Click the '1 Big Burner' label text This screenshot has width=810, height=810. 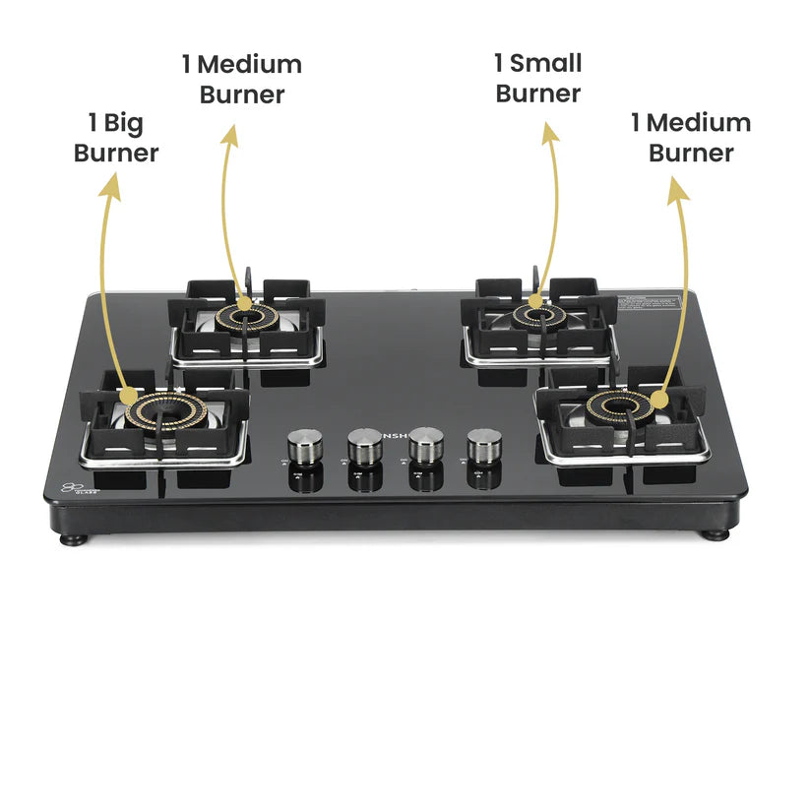tap(115, 138)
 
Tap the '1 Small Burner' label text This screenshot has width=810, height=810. tap(537, 79)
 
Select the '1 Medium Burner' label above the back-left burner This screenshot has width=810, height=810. tap(241, 80)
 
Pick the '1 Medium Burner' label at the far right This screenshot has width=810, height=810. tap(691, 138)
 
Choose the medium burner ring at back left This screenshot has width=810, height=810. tap(245, 316)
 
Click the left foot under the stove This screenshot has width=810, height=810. tap(71, 538)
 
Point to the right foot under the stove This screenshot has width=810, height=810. tap(716, 534)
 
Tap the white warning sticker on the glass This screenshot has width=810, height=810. tap(651, 304)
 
